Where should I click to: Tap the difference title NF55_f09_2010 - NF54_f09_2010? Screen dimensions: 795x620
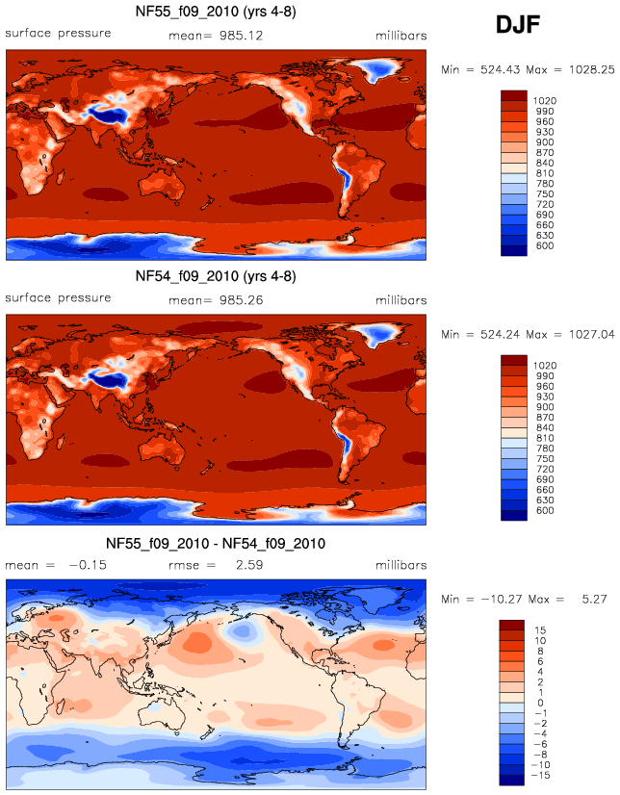point(216,543)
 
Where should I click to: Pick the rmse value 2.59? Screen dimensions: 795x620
point(249,566)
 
